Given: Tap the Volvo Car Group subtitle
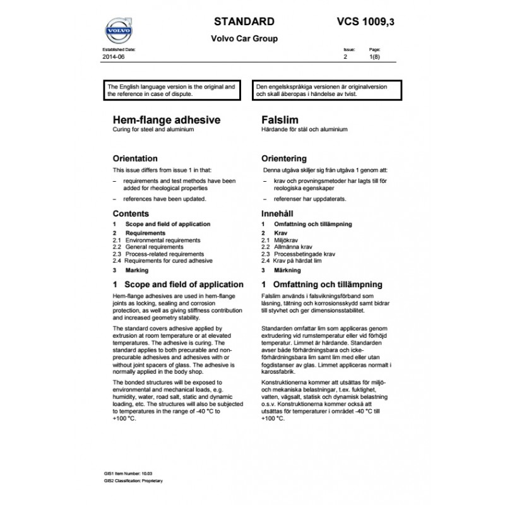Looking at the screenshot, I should pos(244,39).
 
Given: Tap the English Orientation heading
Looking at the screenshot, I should pos(135,158).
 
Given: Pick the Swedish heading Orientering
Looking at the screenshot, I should pos(283,158).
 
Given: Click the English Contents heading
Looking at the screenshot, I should pos(131,214).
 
